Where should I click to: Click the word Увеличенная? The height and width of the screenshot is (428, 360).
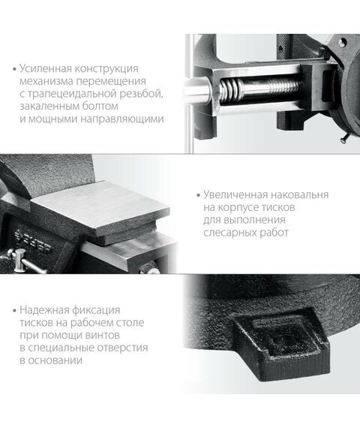click(229, 195)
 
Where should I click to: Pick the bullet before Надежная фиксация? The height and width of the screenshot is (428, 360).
click(15, 311)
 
